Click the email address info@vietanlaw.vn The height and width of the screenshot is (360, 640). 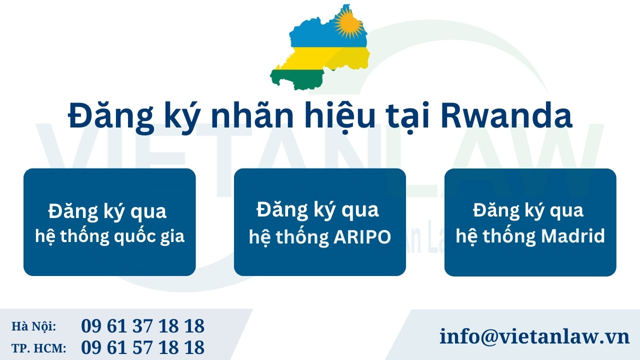point(534,336)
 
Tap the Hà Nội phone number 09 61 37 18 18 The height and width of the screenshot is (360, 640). point(142,326)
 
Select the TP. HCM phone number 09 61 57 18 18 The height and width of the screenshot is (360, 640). point(142,347)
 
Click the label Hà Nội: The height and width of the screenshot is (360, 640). point(33,326)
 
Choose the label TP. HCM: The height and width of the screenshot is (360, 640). point(38,347)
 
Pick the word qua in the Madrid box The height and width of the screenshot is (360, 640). point(566,210)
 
